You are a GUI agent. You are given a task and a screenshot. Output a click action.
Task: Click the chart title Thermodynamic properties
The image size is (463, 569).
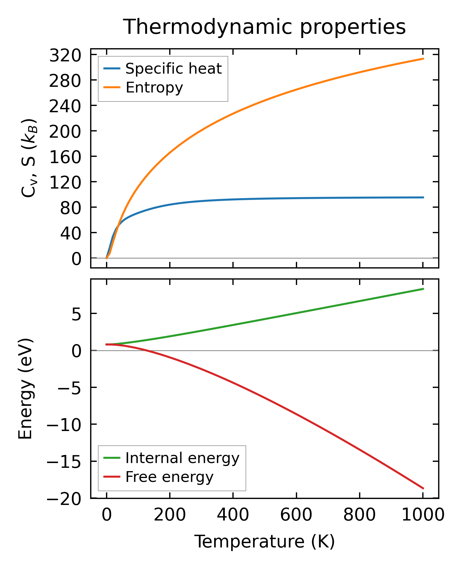tap(264, 27)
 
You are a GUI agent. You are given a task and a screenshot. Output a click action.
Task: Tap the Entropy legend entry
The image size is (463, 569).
tap(154, 87)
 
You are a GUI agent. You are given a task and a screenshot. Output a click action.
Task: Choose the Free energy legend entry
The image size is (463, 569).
tap(169, 477)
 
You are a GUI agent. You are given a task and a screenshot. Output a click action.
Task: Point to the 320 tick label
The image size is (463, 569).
tap(65, 55)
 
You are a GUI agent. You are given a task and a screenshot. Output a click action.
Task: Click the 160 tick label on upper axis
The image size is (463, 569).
tap(65, 157)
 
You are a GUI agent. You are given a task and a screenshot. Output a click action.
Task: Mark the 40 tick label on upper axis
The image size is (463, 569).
tap(71, 233)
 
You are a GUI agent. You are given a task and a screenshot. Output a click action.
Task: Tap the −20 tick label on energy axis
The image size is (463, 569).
tap(64, 499)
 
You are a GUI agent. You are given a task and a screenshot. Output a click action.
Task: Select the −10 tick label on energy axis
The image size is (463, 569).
tap(64, 425)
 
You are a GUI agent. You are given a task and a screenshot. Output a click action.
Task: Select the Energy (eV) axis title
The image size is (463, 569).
tap(25, 389)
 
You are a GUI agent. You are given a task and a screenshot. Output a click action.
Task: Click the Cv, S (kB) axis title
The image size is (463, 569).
tap(29, 158)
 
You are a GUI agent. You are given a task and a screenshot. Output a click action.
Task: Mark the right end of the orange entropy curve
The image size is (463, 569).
tap(423, 59)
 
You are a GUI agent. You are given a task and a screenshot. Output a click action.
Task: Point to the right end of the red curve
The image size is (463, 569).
tap(423, 488)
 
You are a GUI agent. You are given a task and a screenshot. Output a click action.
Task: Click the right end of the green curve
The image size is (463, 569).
tap(423, 289)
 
